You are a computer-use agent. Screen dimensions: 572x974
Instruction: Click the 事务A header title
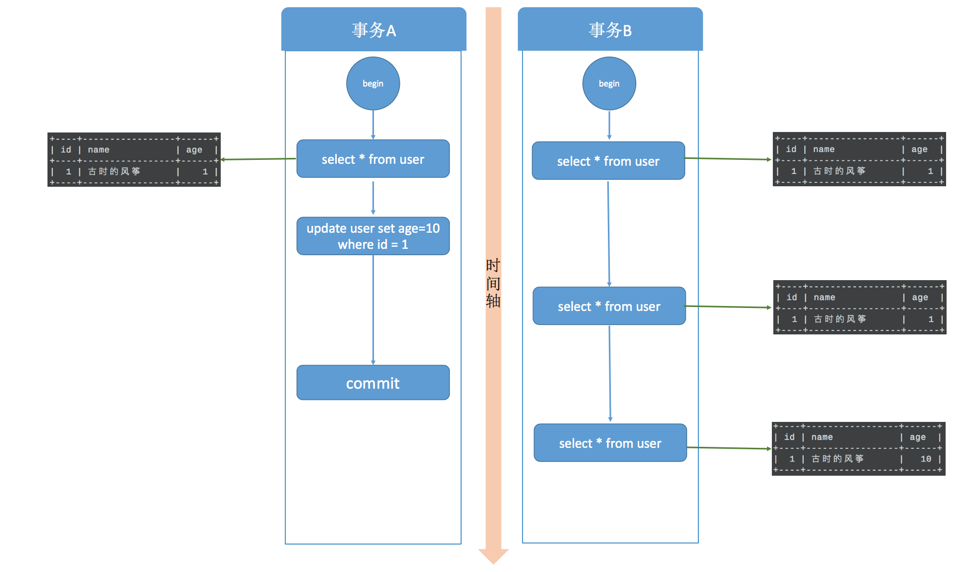click(373, 30)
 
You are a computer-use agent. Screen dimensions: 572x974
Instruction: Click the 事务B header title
click(610, 30)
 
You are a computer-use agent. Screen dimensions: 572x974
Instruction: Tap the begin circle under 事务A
click(373, 84)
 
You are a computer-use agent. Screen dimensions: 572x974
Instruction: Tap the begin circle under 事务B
click(609, 84)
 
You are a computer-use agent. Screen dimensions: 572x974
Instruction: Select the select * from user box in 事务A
click(373, 159)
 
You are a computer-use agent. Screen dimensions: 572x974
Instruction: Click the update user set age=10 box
click(373, 236)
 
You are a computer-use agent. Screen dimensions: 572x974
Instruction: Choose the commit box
click(373, 383)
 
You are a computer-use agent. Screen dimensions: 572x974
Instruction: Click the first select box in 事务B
click(608, 161)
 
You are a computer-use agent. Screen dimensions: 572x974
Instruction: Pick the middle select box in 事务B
click(609, 306)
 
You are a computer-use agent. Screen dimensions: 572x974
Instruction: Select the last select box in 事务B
click(610, 443)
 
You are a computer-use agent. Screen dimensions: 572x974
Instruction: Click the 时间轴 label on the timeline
click(493, 283)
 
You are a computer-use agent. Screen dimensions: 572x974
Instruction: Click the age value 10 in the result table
click(926, 459)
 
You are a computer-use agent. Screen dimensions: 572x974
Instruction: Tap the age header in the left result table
click(194, 150)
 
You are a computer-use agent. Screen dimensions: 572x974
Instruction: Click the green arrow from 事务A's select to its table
click(258, 159)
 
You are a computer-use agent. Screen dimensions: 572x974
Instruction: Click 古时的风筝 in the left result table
click(114, 172)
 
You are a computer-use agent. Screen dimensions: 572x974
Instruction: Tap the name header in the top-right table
click(824, 149)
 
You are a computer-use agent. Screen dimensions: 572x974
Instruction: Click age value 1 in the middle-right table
click(930, 319)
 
